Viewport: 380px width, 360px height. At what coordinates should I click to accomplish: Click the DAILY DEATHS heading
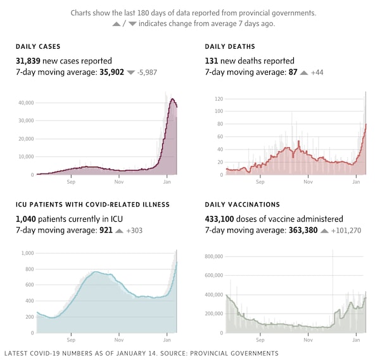pos(230,47)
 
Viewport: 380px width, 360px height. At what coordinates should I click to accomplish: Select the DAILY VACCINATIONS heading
pos(243,205)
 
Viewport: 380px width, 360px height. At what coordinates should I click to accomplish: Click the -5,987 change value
pos(147,73)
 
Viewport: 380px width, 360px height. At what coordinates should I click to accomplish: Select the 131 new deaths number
pos(213,60)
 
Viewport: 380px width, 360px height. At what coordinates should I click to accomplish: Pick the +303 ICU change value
pos(134,231)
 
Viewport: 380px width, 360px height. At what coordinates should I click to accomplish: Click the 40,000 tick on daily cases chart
pos(25,102)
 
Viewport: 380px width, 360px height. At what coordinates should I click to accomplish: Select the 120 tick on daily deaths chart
pos(219,99)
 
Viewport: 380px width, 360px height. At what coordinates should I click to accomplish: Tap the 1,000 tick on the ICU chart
pos(27,254)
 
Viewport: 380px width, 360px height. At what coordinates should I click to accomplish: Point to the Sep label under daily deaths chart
pos(260,183)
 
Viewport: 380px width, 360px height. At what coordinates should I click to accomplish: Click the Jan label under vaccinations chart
pos(357,340)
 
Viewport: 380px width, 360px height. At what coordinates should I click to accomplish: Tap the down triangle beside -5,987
pos(131,73)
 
